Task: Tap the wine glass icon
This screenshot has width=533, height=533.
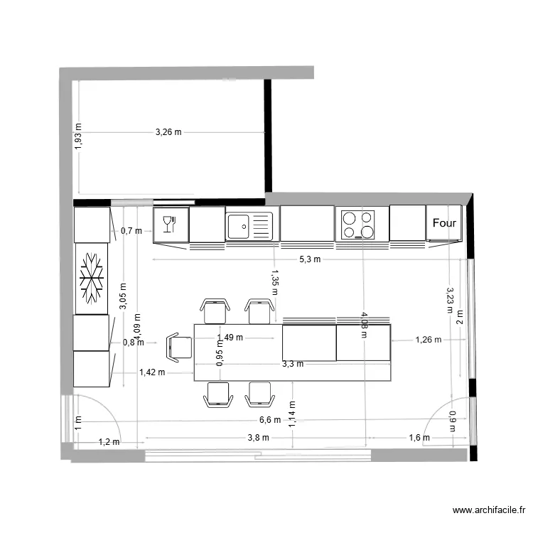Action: tap(168, 224)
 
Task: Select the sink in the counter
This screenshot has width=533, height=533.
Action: tap(249, 226)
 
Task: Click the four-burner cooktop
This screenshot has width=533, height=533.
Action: tap(358, 224)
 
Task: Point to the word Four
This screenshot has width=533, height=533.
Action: tap(444, 223)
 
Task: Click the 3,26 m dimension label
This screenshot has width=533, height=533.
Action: tap(168, 132)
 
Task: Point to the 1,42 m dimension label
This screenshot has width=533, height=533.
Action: tap(152, 372)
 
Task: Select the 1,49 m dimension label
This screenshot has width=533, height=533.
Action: tap(230, 338)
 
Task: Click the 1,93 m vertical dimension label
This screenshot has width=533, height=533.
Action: tap(78, 136)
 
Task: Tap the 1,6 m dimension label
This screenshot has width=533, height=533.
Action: tap(419, 438)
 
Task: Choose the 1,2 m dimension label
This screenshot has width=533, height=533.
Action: tap(109, 442)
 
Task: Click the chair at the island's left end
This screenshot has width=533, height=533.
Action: tap(179, 347)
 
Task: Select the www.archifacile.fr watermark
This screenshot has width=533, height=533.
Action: tap(491, 510)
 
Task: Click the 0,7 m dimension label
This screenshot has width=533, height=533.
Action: tap(131, 231)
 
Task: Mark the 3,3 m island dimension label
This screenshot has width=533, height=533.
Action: tap(293, 364)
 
